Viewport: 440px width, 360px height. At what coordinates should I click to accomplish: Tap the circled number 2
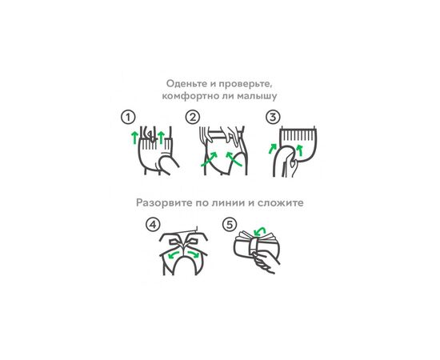click(193, 117)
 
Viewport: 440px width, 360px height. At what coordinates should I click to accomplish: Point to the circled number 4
click(153, 225)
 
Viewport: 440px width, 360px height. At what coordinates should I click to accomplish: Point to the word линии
click(241, 203)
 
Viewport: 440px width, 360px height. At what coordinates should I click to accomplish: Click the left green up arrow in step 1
click(134, 138)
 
